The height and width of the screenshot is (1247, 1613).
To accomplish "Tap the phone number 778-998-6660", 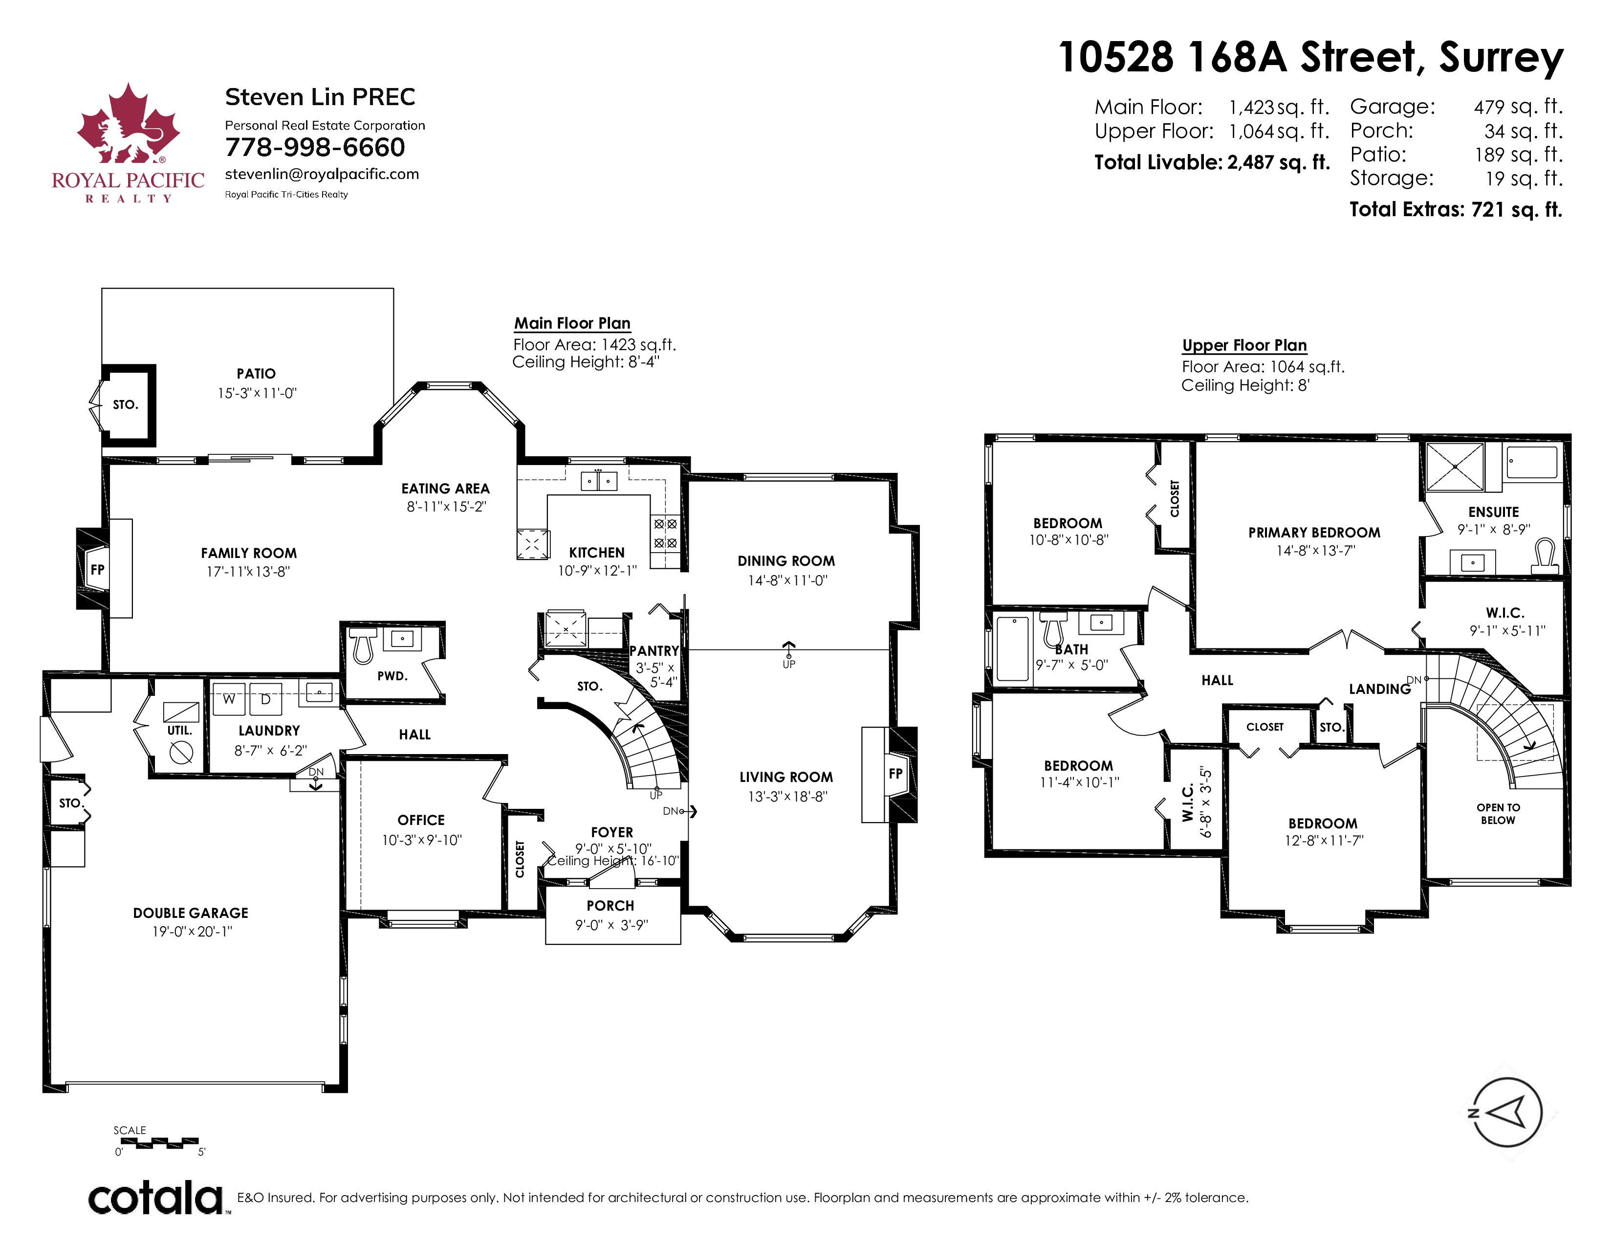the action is pos(315,148).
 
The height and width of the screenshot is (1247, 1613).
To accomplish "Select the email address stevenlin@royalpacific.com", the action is pos(322,175).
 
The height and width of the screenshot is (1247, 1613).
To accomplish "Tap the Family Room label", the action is pos(249,553).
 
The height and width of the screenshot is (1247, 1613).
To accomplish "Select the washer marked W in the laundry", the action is pos(229,699).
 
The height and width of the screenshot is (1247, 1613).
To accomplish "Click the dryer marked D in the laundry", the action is pos(266,699).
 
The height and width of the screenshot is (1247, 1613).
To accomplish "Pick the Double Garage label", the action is pos(191,913).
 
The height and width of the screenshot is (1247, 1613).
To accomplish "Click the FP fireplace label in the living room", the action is pos(896,774).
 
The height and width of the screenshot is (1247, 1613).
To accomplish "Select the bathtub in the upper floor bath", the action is pos(1013,648).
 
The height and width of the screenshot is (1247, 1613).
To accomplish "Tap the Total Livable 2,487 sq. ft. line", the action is pos(1212,162).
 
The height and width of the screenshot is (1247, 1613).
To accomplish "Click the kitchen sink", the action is pos(598,481).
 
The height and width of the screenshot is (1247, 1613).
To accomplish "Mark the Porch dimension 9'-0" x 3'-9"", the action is pos(611,925).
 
